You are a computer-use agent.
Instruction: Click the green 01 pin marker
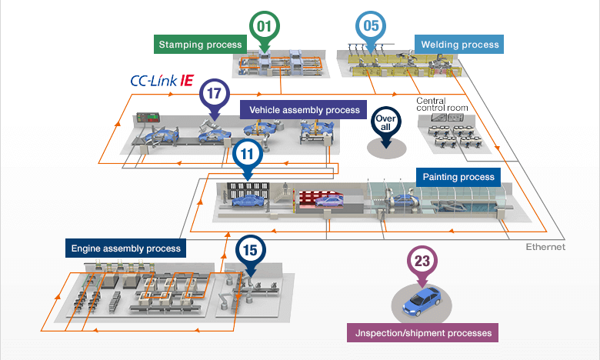click(x=265, y=26)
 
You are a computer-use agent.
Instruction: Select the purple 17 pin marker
click(x=215, y=95)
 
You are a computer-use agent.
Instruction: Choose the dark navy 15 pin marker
click(x=249, y=250)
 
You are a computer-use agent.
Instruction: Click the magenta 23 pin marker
click(x=422, y=261)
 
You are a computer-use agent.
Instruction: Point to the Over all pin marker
click(x=385, y=123)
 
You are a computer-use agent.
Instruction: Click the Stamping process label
click(x=200, y=45)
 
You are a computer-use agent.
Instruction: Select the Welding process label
click(x=460, y=45)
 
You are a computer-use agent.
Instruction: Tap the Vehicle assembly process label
click(x=304, y=110)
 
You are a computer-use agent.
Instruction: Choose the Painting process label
click(x=459, y=177)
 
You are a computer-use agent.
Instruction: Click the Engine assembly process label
click(x=126, y=248)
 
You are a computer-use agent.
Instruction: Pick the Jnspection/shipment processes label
click(x=424, y=333)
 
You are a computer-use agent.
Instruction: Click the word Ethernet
click(x=545, y=247)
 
